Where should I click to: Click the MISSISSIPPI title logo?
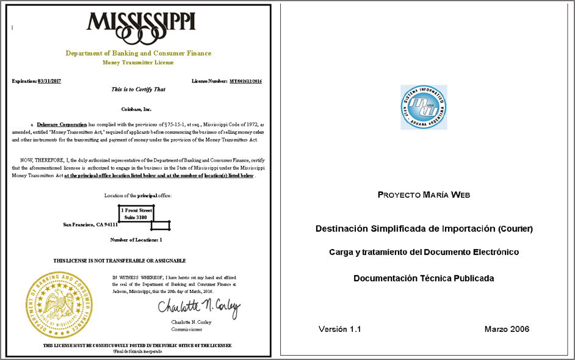tap(141, 24)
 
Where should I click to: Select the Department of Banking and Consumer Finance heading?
tap(139, 53)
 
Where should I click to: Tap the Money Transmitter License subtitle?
tap(139, 62)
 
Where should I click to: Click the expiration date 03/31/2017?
tap(49, 81)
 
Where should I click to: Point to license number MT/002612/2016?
tap(245, 81)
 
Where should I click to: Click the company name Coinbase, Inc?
tap(139, 109)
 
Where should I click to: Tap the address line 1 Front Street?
tap(136, 210)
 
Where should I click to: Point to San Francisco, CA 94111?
tap(90, 225)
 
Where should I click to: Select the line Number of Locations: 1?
tap(136, 240)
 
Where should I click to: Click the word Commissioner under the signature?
tap(186, 329)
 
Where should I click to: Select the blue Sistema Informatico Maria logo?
tap(424, 107)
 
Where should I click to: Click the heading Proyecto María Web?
tap(424, 195)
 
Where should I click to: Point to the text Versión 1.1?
tap(340, 329)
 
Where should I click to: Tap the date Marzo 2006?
tap(507, 329)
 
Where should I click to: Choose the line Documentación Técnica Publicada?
tap(424, 278)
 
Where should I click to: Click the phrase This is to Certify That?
tap(139, 89)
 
